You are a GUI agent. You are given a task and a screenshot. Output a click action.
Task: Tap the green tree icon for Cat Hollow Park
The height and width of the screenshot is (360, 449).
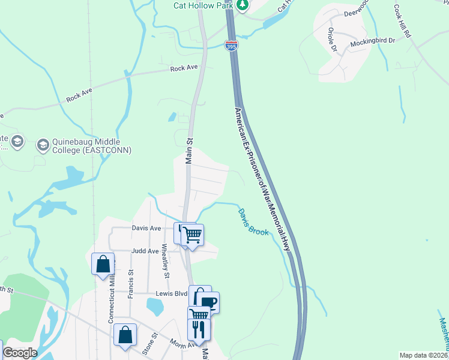click(242, 5)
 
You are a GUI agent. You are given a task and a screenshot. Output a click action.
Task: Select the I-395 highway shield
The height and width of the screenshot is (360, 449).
click(231, 45)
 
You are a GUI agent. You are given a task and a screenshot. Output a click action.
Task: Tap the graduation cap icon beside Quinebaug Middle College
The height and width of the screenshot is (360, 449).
click(43, 145)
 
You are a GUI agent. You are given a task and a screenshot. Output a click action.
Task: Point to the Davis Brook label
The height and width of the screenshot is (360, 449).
click(252, 223)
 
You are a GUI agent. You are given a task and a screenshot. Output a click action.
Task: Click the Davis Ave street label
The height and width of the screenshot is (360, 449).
click(146, 228)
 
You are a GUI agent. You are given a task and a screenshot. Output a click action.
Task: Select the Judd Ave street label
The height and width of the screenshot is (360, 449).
click(145, 251)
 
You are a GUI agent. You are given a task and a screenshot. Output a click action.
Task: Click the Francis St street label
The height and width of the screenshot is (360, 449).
click(130, 284)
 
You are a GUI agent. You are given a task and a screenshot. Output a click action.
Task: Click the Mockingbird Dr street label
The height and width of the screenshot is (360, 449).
click(373, 41)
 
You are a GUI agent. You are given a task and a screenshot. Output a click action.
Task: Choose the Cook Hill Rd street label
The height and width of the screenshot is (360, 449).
click(401, 23)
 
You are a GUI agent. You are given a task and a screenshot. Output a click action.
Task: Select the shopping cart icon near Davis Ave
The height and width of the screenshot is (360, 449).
click(192, 235)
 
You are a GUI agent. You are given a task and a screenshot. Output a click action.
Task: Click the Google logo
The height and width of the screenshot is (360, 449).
click(20, 353)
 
